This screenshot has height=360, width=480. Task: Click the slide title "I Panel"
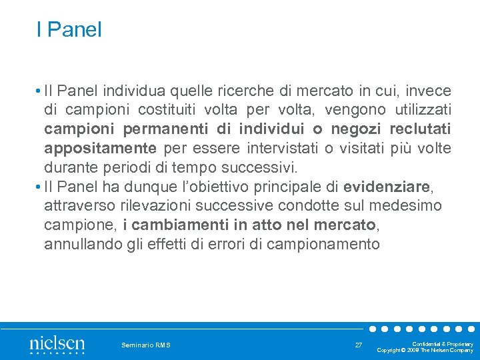[69, 29]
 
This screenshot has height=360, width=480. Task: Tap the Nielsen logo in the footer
[57, 345]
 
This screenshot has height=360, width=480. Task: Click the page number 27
[358, 345]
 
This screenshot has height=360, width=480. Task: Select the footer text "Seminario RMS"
[146, 345]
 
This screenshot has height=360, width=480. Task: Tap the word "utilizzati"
[420, 109]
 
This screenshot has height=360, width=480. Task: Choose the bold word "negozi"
[353, 128]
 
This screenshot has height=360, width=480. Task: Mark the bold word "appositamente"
[101, 147]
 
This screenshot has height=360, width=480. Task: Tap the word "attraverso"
[75, 206]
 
